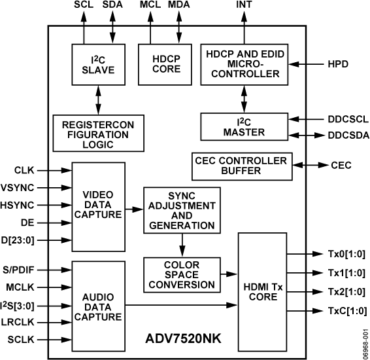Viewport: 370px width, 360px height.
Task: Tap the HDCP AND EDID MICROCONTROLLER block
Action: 244,64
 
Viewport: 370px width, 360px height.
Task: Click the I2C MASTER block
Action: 244,126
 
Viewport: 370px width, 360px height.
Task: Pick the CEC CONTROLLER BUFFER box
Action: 241,166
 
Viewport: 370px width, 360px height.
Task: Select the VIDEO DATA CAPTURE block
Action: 98,204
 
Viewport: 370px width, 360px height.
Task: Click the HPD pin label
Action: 338,65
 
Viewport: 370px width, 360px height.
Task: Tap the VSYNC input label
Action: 18,187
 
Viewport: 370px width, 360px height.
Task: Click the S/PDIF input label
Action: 18,269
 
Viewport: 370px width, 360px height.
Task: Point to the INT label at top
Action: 244,7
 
